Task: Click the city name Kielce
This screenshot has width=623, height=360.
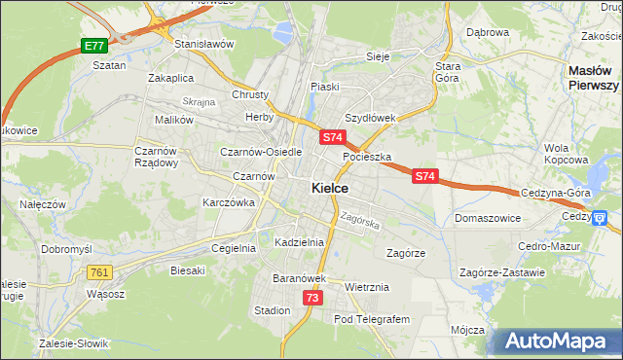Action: point(330,188)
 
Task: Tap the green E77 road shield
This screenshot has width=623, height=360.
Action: point(93,46)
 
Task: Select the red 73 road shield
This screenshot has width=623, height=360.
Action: point(311,298)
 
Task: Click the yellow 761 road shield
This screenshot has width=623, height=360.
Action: point(99,273)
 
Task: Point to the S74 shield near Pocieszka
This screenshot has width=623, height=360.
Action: point(333,138)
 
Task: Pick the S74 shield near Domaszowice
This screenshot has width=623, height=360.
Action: point(424,176)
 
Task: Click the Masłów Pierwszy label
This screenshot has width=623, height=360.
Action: point(594,78)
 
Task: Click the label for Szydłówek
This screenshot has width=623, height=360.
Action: point(370,118)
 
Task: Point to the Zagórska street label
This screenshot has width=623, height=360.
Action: point(359,221)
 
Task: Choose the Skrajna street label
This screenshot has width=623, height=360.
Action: point(199,101)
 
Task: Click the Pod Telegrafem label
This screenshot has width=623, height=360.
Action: point(373,319)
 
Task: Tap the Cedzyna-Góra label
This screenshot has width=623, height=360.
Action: point(557,193)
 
